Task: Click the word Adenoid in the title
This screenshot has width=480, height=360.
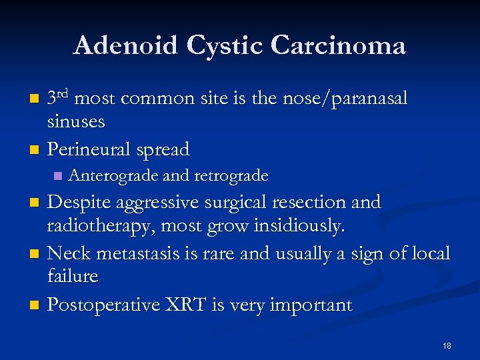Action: point(125,46)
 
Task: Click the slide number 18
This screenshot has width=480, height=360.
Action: point(447,345)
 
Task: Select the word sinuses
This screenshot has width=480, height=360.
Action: point(76,122)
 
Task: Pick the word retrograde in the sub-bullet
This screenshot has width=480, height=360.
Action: point(231,177)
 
